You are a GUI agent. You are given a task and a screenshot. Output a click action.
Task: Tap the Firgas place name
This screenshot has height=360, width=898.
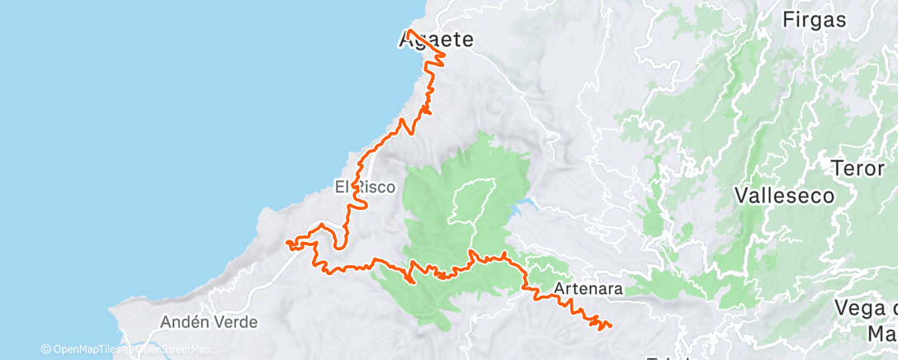815,20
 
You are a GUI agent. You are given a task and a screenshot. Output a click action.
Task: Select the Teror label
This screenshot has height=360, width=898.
860,168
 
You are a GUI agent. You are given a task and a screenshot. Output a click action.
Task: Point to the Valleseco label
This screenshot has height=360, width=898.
784,196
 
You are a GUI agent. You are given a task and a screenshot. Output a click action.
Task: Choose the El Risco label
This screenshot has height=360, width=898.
364,187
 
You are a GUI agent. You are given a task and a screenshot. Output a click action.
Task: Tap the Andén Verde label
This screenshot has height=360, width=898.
197,321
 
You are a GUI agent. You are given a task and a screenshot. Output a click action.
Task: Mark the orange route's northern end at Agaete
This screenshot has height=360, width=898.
409,31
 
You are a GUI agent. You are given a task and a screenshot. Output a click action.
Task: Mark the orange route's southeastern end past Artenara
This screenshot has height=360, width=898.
610,324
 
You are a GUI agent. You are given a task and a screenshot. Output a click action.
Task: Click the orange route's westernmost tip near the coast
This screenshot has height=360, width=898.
286,243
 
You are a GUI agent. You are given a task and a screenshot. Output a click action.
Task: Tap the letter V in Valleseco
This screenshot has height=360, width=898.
741,196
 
